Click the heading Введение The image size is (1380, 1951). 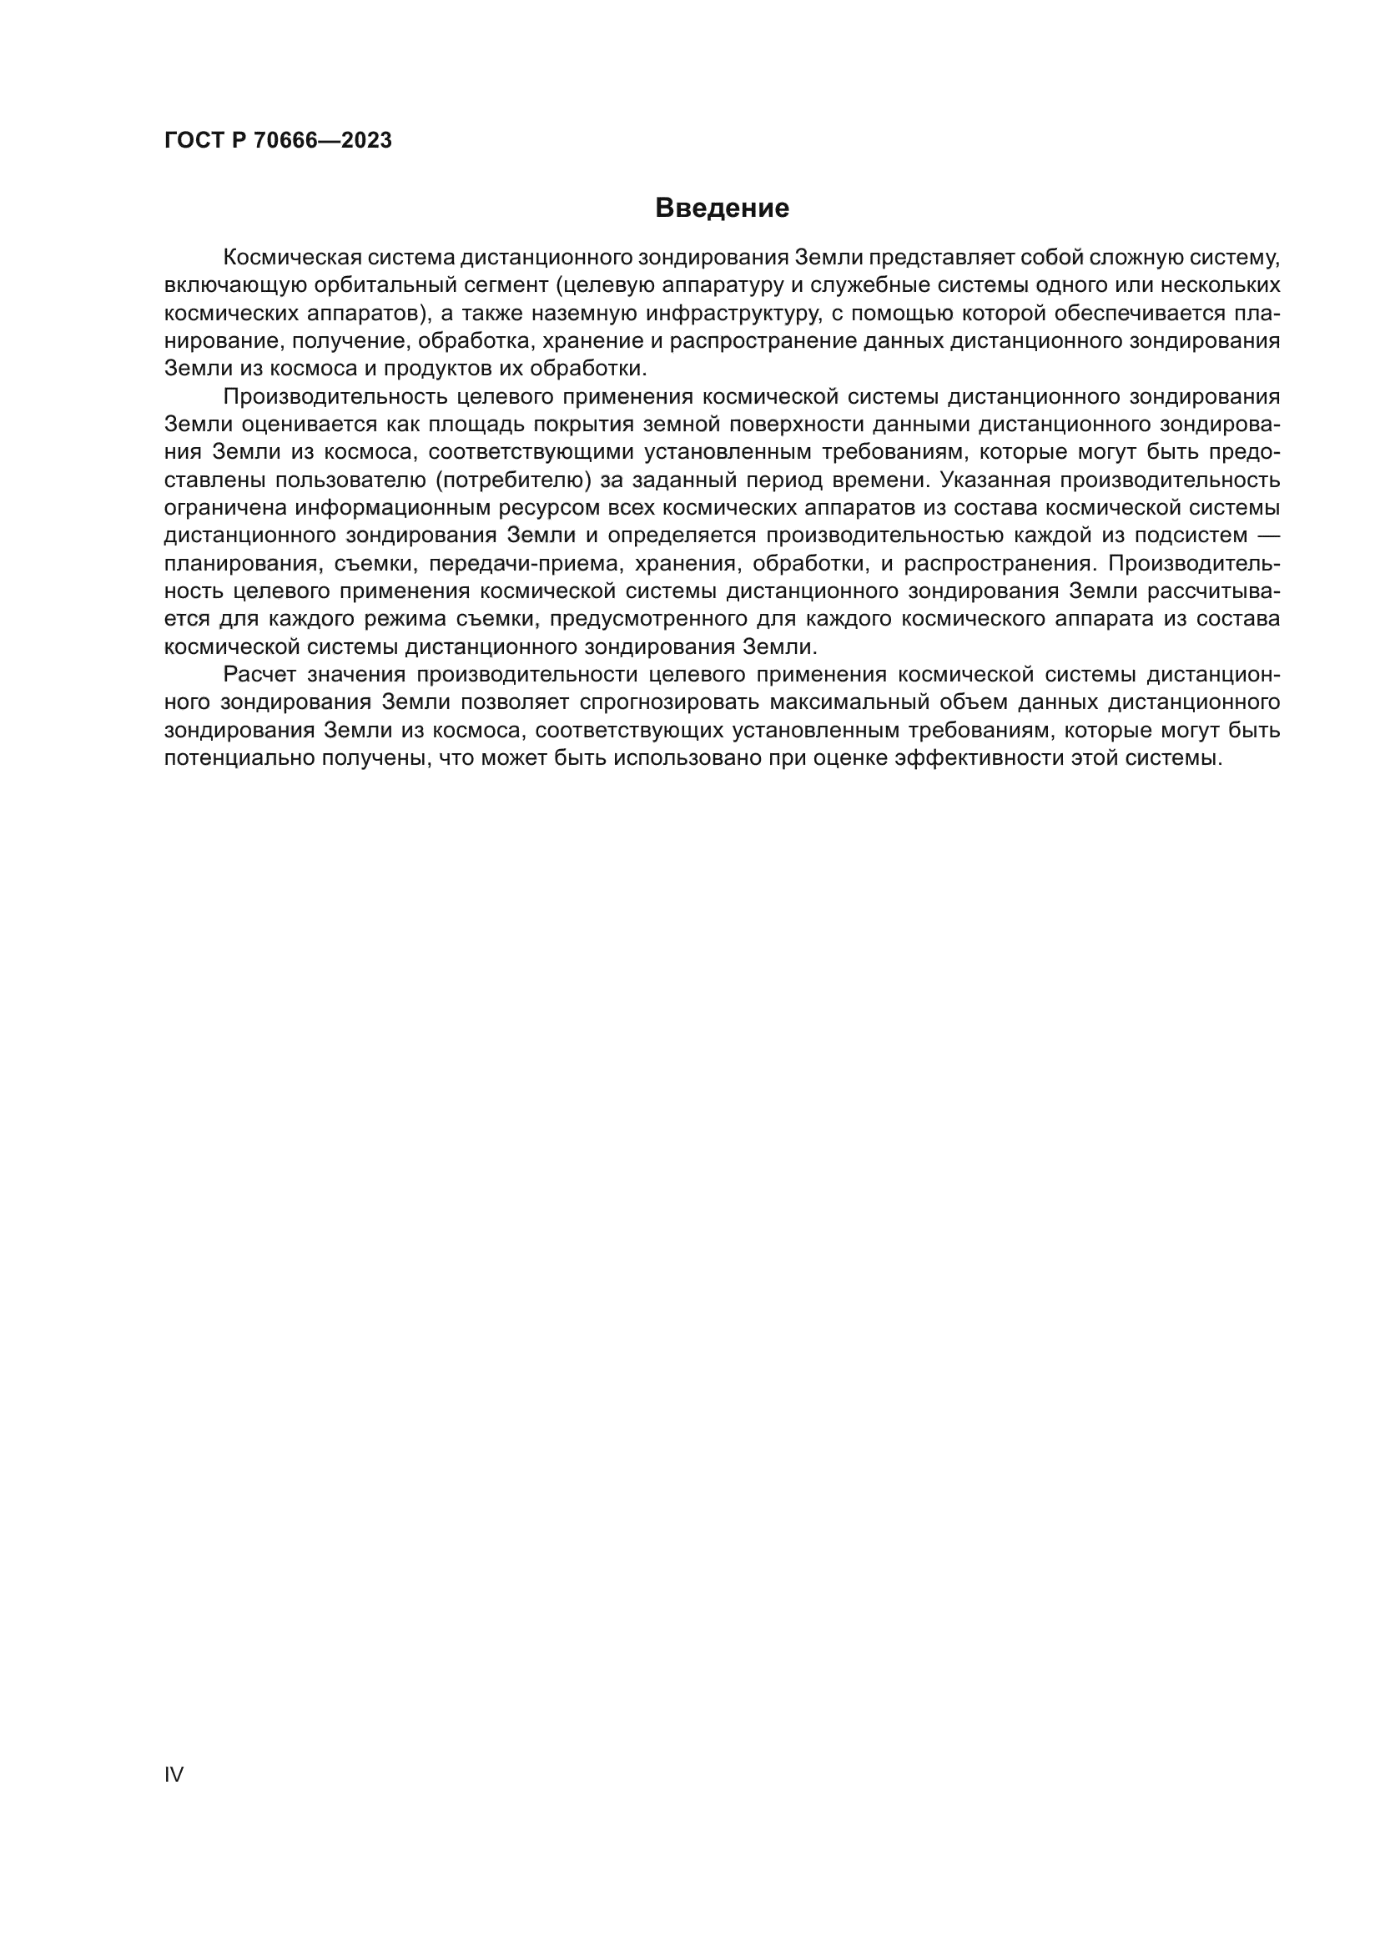pos(722,209)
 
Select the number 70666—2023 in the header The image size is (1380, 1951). pos(323,141)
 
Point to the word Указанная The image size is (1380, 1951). pos(990,480)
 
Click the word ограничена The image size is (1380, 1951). pos(224,508)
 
